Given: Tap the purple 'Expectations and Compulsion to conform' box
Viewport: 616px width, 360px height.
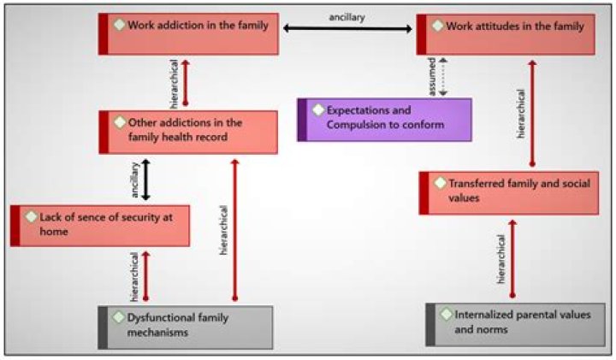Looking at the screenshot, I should [385, 119].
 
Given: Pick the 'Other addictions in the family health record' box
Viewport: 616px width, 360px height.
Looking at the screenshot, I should [188, 132].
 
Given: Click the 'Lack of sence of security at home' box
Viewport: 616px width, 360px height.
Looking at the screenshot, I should [101, 225].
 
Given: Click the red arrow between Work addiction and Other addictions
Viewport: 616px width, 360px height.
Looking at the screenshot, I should [186, 83].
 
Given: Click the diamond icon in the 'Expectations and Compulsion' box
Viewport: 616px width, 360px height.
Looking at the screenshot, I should [318, 110].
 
